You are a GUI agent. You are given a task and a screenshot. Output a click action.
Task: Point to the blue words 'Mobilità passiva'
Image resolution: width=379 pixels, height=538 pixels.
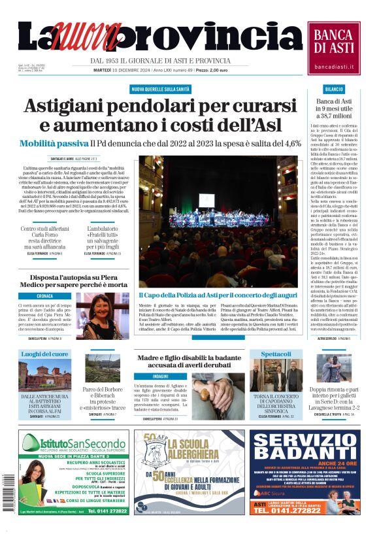point(54,143)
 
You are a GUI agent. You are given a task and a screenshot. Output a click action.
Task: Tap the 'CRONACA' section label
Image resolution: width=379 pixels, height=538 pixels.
point(46,296)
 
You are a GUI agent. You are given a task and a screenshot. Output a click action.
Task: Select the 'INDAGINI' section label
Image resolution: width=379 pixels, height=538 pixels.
point(160,377)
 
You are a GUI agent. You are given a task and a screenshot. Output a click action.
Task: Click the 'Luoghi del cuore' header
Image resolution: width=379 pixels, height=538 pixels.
point(44,354)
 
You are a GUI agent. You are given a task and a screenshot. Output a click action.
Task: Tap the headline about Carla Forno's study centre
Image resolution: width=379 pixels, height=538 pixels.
point(45,237)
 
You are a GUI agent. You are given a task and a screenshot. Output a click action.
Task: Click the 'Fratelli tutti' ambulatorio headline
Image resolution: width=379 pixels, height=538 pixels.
point(107,237)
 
